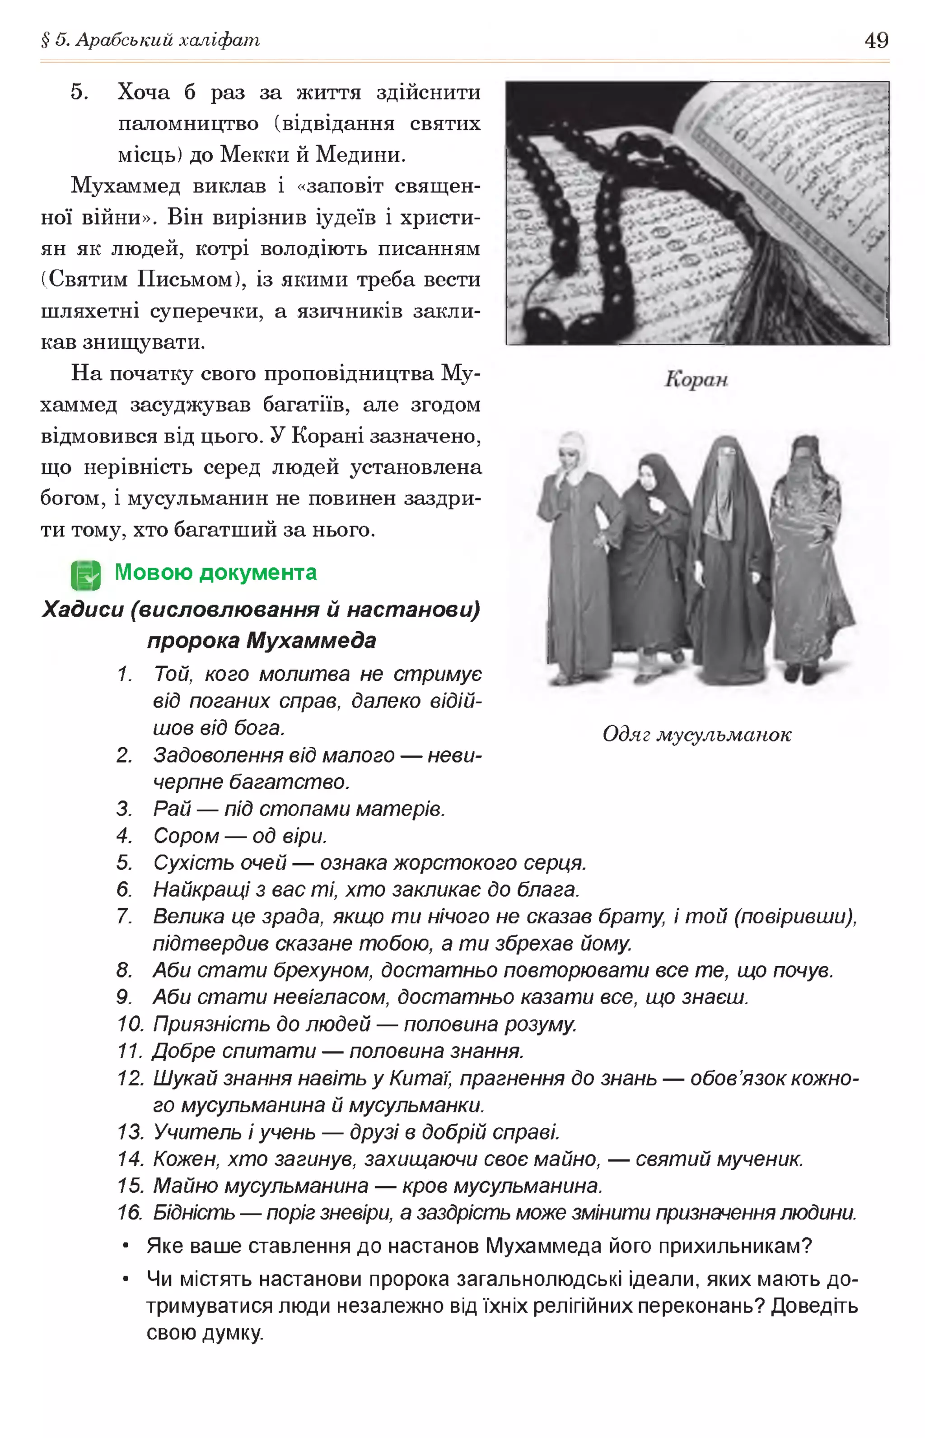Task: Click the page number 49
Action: (876, 40)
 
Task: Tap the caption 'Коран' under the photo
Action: (696, 379)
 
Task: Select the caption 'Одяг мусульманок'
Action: (697, 734)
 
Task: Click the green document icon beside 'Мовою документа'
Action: (86, 575)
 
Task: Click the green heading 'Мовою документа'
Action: (215, 572)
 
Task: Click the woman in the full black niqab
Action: (728, 558)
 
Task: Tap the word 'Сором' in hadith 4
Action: (186, 836)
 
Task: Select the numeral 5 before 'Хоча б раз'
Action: (79, 93)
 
